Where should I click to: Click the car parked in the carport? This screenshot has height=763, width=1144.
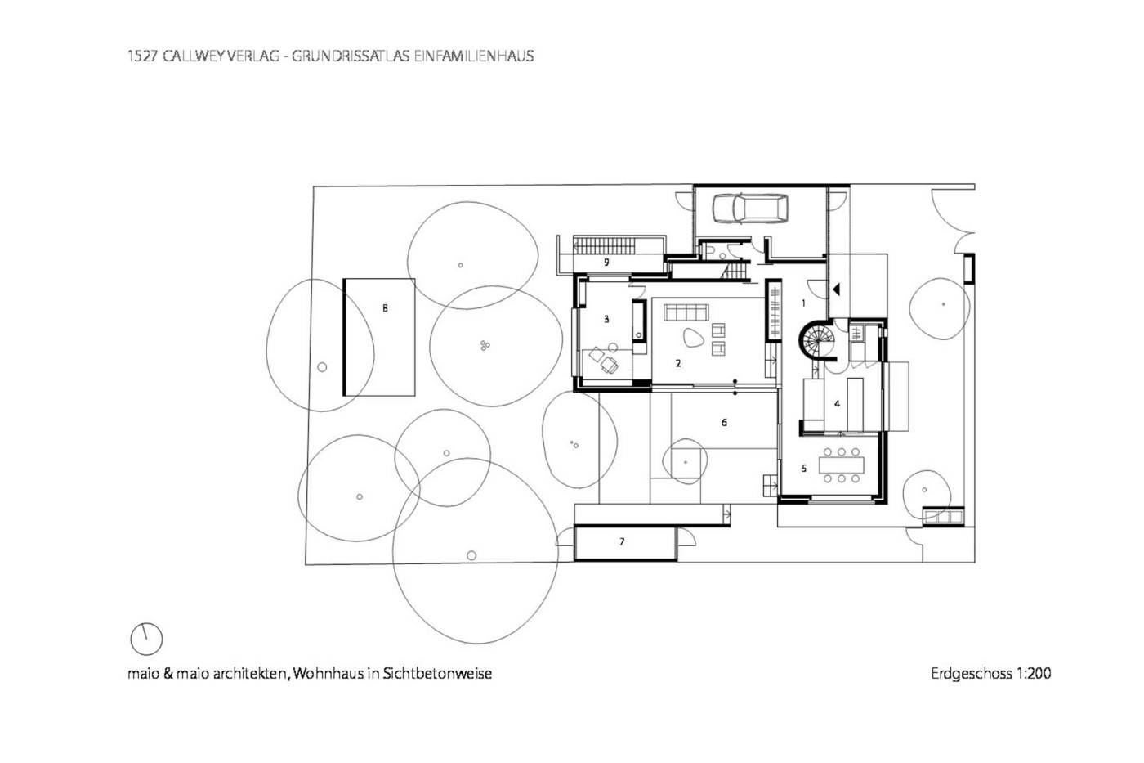[x=750, y=209]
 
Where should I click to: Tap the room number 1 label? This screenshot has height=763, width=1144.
[x=803, y=303]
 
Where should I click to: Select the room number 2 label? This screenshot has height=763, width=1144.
[x=678, y=363]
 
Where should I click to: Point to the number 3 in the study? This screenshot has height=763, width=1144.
[x=606, y=320]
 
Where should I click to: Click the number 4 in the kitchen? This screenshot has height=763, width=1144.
[x=837, y=404]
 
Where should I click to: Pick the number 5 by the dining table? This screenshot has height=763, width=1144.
[x=804, y=468]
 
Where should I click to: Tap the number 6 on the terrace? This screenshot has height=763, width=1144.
[x=724, y=423]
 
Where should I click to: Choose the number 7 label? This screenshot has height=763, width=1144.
[x=622, y=541]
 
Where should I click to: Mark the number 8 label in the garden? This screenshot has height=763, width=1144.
[x=385, y=308]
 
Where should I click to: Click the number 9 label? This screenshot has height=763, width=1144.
[x=606, y=263]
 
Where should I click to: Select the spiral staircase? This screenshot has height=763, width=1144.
[x=816, y=339]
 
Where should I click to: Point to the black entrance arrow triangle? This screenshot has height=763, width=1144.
[x=836, y=289]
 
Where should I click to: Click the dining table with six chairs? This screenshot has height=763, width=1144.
[x=841, y=465]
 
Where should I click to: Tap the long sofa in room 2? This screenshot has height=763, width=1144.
[x=686, y=312]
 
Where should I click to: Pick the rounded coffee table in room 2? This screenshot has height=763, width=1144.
[x=693, y=337]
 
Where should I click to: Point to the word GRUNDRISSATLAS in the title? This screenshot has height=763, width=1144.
[x=351, y=56]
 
